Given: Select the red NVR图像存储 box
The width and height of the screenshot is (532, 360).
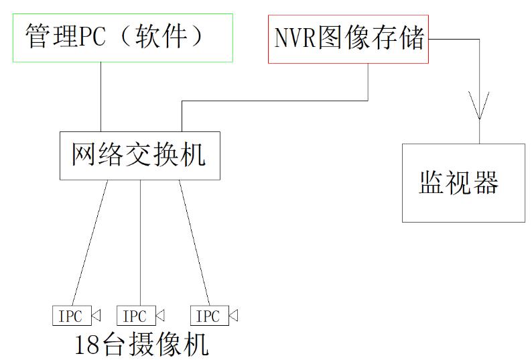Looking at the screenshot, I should click(x=348, y=40).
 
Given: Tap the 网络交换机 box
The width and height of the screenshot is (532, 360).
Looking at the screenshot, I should click(x=139, y=156).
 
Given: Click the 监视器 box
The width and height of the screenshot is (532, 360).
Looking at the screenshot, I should click(x=463, y=182).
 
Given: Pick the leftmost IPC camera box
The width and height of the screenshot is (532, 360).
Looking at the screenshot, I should click(x=72, y=316).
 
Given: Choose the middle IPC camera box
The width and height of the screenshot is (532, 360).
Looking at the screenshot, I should click(x=136, y=316).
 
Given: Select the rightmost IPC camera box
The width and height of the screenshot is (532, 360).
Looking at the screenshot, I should click(x=209, y=316).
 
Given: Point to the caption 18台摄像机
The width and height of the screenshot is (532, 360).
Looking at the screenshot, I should click(x=141, y=345).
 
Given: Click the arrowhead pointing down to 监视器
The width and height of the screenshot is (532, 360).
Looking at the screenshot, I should click(x=480, y=107).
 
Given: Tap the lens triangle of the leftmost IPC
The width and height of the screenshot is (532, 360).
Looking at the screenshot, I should click(x=96, y=315).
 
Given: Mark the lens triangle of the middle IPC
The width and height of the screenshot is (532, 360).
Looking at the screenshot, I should click(x=160, y=315).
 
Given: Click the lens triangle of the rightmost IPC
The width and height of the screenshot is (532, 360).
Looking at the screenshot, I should click(x=233, y=315).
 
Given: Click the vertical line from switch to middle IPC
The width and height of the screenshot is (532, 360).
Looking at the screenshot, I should click(x=139, y=241).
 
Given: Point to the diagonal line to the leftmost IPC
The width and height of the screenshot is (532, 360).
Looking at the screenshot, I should click(x=90, y=241).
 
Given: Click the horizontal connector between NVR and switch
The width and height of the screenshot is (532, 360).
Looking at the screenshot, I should click(x=275, y=101).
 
